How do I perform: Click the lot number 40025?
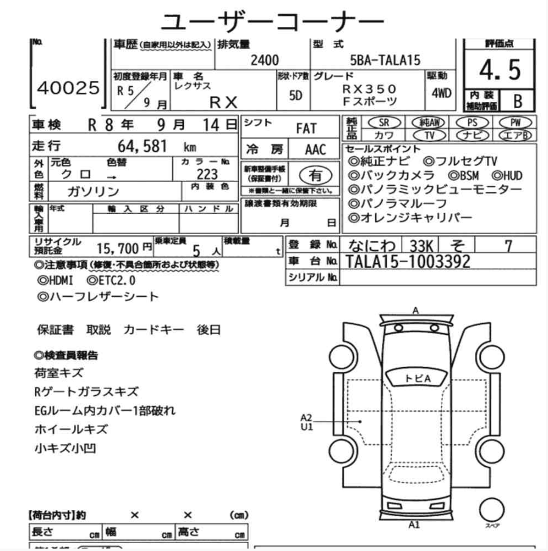(x=68, y=89)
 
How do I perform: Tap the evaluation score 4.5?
(x=499, y=71)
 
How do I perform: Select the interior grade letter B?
(x=517, y=101)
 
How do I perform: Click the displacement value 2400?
(x=264, y=60)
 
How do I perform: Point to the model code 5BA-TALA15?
(x=385, y=60)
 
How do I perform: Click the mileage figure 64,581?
(x=142, y=147)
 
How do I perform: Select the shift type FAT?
(x=306, y=129)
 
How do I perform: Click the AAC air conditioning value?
(x=315, y=150)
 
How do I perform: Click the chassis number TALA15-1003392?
(x=408, y=261)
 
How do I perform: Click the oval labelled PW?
(x=516, y=122)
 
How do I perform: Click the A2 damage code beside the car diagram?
(x=306, y=417)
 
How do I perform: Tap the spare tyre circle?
(x=491, y=508)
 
